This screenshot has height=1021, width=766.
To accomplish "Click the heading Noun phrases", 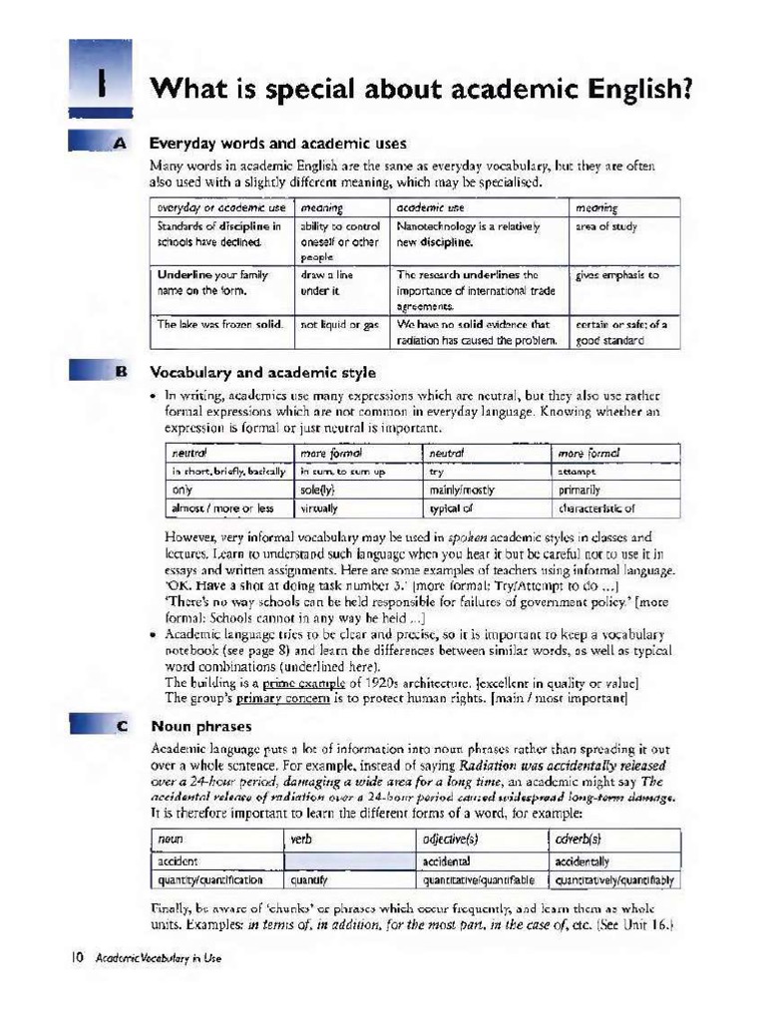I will coord(200,726).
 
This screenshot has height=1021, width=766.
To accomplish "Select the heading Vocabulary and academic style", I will coord(262,372).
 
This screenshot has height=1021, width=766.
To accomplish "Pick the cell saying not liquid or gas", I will coord(339,324).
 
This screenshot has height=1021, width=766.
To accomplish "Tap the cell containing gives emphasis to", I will coord(617,274).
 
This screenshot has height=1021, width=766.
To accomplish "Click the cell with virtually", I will coord(319,508).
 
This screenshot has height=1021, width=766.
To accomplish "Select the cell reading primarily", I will coord(579,490).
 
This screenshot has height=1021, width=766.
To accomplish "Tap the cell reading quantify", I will coord(309,879).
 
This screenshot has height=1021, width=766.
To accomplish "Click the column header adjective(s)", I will coord(455,840).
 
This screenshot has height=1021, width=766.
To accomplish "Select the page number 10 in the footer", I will coord(76,958).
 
